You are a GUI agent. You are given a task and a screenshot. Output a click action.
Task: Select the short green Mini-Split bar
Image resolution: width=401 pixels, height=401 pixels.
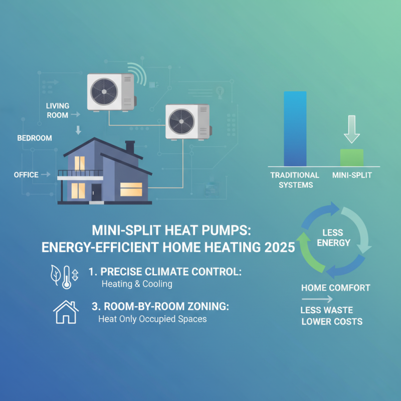[x=351, y=157]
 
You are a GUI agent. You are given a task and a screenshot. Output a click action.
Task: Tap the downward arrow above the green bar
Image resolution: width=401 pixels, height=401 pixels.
[x=351, y=130]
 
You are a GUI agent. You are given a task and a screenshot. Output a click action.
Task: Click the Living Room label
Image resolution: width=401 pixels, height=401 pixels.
[x=58, y=110]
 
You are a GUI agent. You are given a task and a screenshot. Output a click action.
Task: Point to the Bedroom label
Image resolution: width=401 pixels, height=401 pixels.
[x=35, y=138]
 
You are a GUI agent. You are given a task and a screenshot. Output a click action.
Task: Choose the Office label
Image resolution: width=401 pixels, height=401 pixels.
[x=27, y=174]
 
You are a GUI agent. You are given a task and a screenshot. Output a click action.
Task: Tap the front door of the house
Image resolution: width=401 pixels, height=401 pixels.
[x=96, y=191]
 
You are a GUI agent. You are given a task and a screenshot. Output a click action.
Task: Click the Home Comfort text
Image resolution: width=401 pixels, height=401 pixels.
[x=335, y=288]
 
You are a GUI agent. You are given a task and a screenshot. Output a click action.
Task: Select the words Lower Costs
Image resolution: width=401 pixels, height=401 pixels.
[x=331, y=321]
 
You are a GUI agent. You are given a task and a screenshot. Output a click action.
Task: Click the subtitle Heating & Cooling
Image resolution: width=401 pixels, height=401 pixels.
[x=136, y=284]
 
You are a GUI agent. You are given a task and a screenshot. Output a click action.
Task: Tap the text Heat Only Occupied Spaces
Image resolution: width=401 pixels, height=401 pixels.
[x=152, y=319]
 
